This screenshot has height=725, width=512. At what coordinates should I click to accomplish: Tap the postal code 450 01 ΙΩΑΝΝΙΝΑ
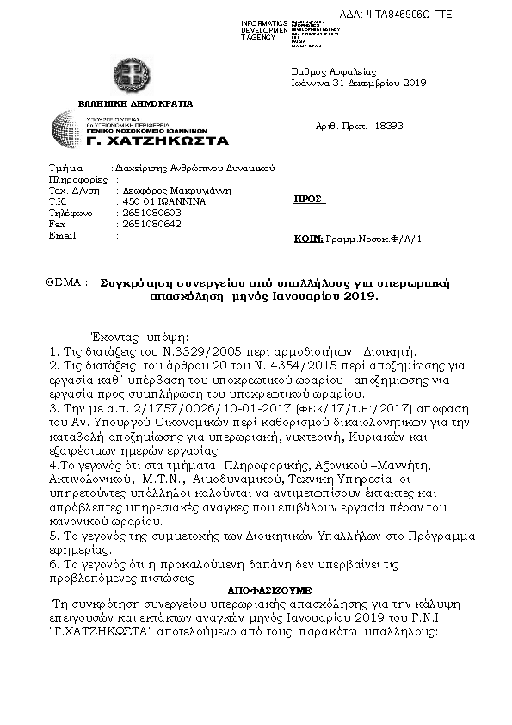tap(160, 201)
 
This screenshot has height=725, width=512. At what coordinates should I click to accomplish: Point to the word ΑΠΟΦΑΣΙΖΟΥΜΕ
tap(269, 592)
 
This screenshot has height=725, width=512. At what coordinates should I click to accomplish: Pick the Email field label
tap(63, 234)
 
